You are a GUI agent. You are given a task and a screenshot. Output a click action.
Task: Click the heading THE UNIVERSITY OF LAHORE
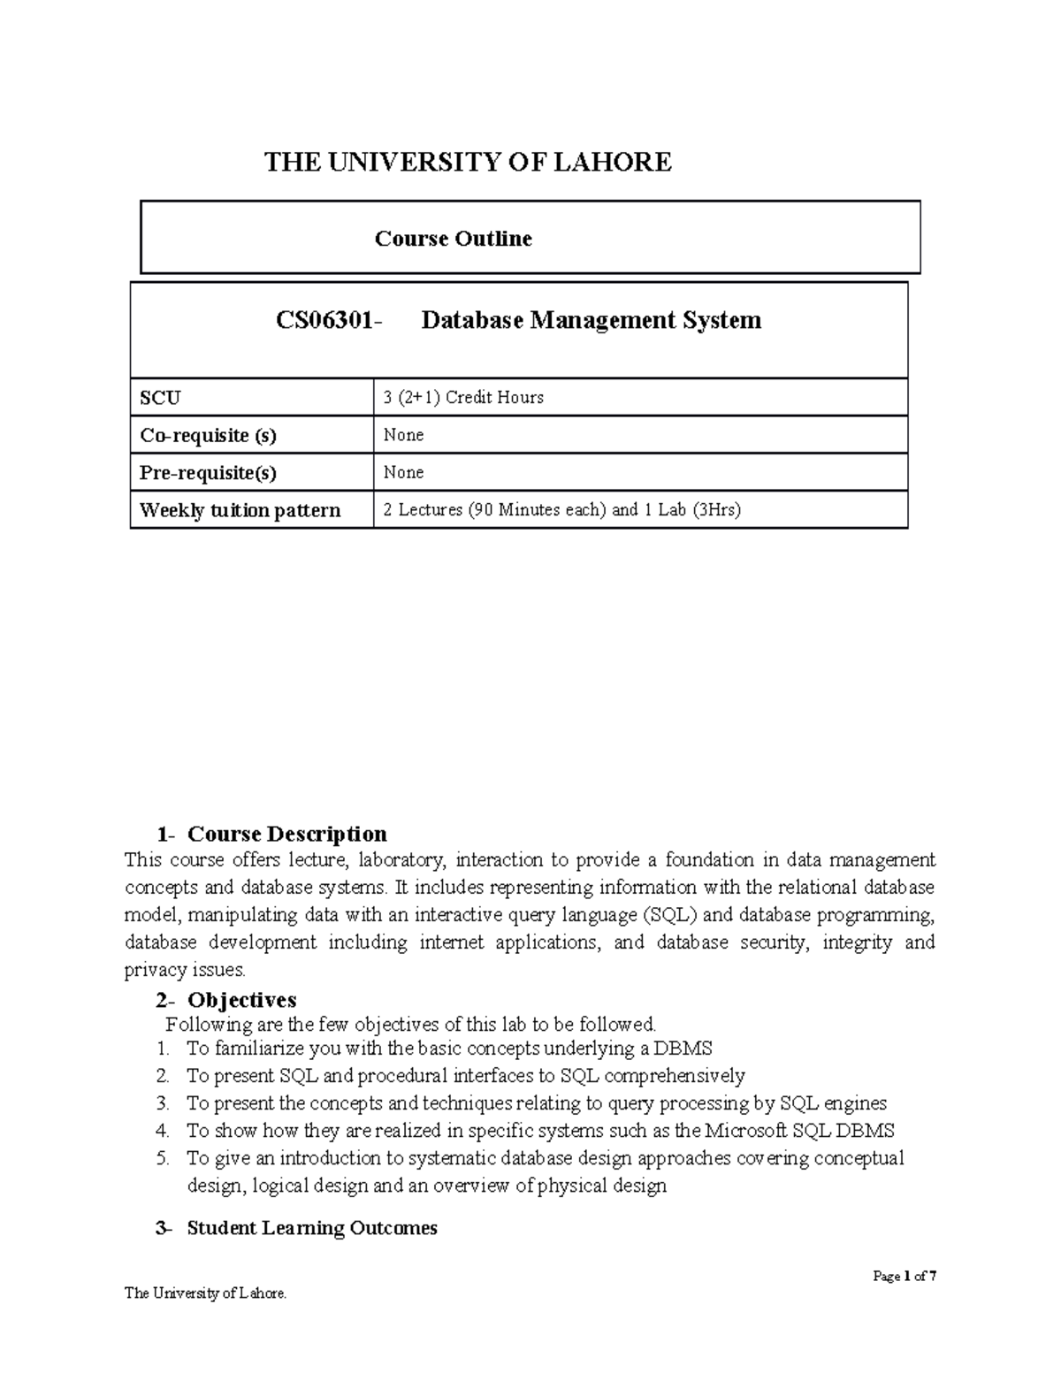pyautogui.click(x=469, y=162)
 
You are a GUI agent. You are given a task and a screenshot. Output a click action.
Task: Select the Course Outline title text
pyautogui.click(x=453, y=239)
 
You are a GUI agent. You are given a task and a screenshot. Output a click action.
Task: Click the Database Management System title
pyautogui.click(x=591, y=320)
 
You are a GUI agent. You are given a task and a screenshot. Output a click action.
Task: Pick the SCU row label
pyautogui.click(x=160, y=398)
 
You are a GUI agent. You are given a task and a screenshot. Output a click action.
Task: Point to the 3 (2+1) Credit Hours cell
pyautogui.click(x=463, y=398)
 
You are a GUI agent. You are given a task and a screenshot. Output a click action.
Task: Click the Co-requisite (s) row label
pyautogui.click(x=208, y=435)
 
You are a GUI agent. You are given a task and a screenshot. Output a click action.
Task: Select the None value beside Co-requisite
pyautogui.click(x=403, y=435)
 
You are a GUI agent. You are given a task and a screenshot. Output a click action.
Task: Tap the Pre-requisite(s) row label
pyautogui.click(x=208, y=473)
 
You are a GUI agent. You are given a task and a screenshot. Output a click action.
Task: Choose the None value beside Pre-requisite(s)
pyautogui.click(x=403, y=473)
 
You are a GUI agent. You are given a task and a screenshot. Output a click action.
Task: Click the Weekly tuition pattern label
pyautogui.click(x=240, y=510)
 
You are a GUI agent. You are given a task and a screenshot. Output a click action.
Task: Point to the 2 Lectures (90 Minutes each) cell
pyautogui.click(x=561, y=510)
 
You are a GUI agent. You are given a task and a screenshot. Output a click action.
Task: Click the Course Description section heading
pyautogui.click(x=286, y=834)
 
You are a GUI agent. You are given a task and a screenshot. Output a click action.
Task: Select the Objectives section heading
pyautogui.click(x=241, y=1000)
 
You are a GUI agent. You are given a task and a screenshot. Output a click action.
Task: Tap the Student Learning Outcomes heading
pyautogui.click(x=311, y=1228)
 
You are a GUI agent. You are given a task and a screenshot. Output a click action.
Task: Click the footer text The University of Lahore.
pyautogui.click(x=205, y=1293)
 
